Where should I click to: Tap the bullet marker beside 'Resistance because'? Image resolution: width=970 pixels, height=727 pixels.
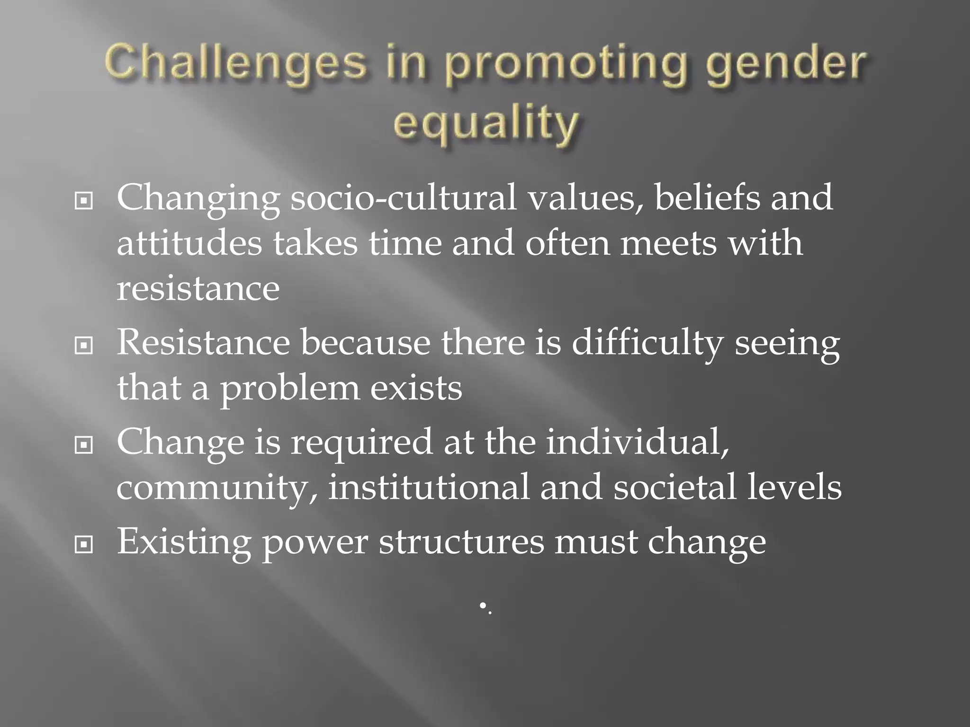pyautogui.click(x=84, y=346)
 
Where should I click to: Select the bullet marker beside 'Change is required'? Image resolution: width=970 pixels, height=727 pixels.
pyautogui.click(x=84, y=445)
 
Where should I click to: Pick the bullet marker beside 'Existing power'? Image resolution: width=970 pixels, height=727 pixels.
pyautogui.click(x=84, y=545)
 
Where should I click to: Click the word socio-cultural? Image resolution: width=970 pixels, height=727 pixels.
pyautogui.click(x=403, y=198)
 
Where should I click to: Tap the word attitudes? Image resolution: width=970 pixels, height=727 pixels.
pyautogui.click(x=189, y=243)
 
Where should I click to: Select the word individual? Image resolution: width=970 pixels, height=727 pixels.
pyautogui.click(x=638, y=442)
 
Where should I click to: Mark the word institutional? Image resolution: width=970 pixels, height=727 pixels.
pyautogui.click(x=429, y=488)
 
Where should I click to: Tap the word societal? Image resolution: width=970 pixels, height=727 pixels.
pyautogui.click(x=674, y=488)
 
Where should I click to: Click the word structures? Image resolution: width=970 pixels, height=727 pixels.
pyautogui.click(x=461, y=542)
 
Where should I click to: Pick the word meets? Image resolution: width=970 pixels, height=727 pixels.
pyautogui.click(x=668, y=243)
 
